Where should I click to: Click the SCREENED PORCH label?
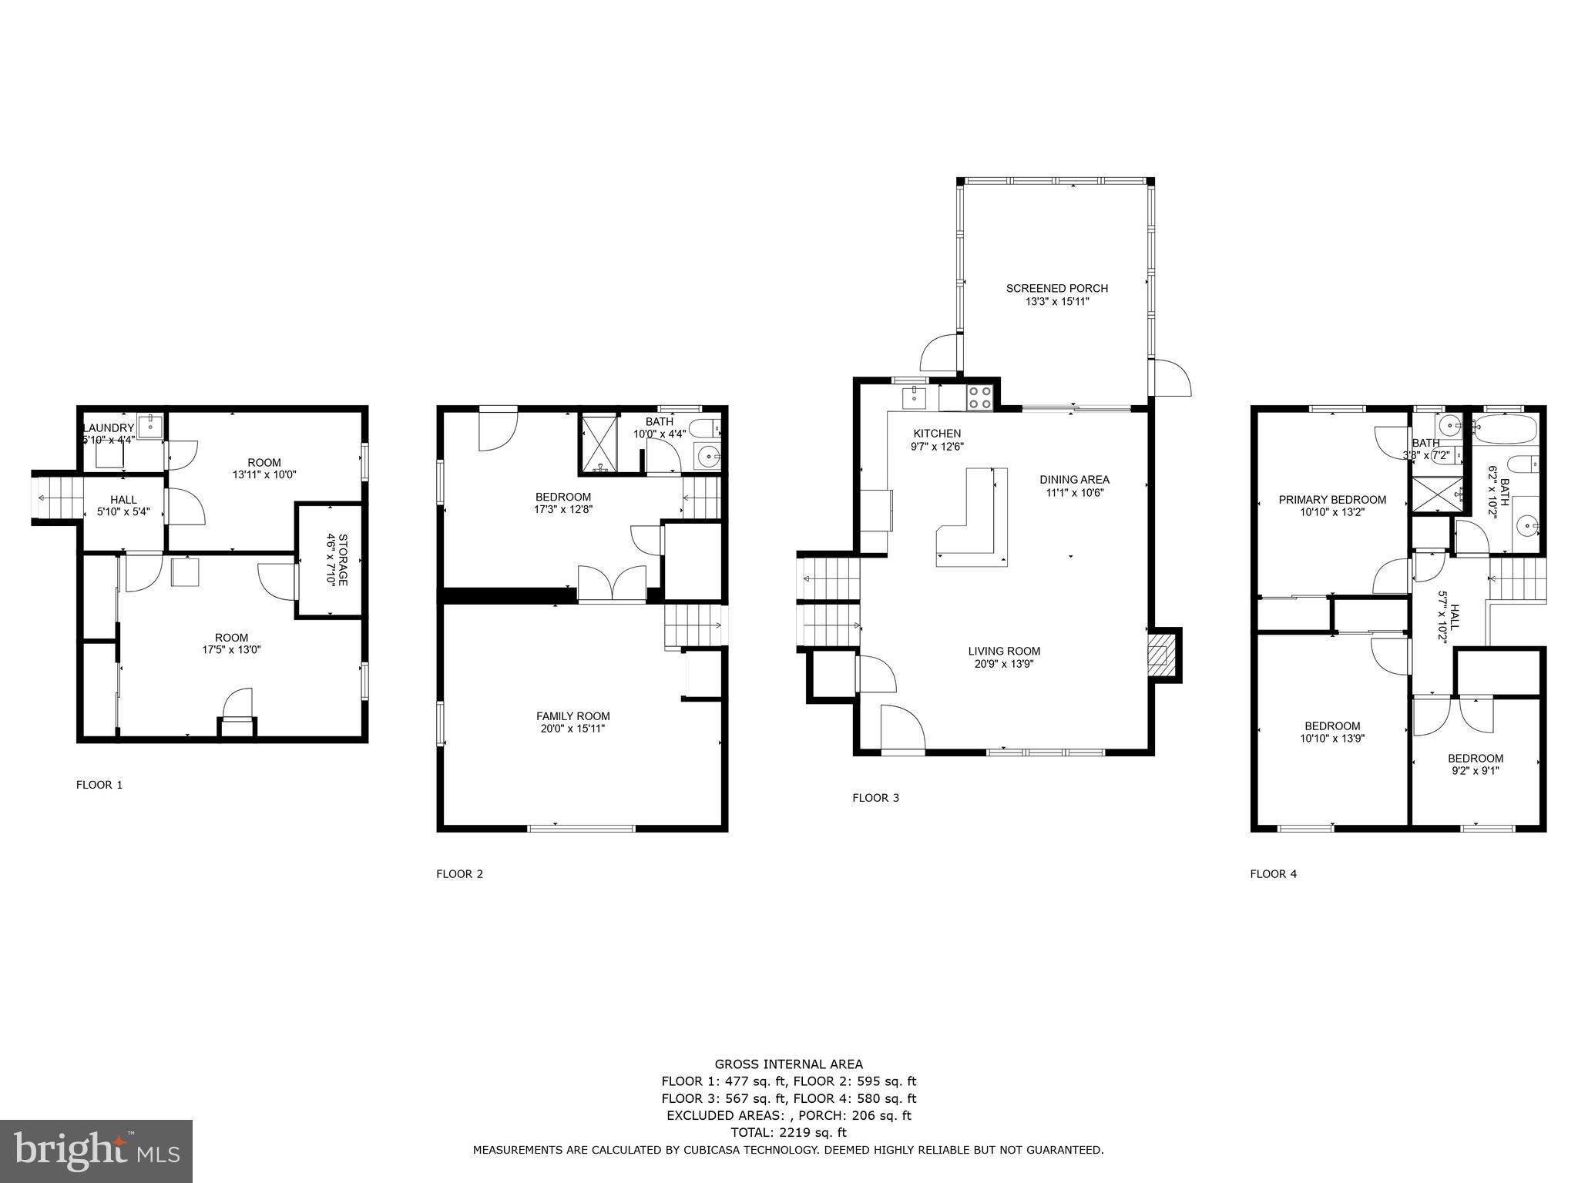[x=1056, y=289]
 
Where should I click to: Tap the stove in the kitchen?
[x=980, y=397]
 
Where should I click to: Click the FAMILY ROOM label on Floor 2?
[x=572, y=716]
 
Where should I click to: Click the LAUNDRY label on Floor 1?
[x=109, y=428]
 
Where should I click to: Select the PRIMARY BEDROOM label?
[x=1332, y=500]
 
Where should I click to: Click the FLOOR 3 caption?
[x=875, y=798]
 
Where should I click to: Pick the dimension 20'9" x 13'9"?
[x=1004, y=663]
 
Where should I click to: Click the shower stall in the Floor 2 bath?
[x=599, y=443]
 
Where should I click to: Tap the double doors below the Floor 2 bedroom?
[x=612, y=584]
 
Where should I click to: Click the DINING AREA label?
[x=1074, y=480]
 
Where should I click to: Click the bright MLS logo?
[x=96, y=1151]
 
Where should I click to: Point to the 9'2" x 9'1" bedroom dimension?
[x=1475, y=770]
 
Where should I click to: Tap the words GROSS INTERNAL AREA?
[x=788, y=1064]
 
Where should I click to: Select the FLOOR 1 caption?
[x=99, y=785]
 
